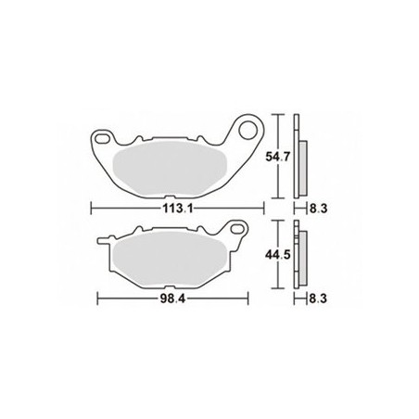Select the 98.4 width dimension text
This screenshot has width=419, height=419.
pyautogui.click(x=167, y=299)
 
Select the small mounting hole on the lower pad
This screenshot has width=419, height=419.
pyautogui.click(x=236, y=228)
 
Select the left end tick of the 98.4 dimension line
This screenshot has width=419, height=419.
pyautogui.click(x=98, y=299)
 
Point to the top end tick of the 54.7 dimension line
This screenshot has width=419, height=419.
pyautogui.click(x=277, y=116)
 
